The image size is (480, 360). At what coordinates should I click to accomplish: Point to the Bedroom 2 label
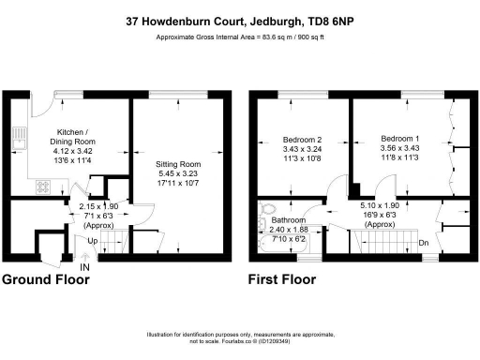tap(302, 139)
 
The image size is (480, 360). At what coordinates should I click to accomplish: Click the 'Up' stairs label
tap(90, 242)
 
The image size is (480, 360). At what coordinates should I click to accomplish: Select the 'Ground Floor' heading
tap(44, 280)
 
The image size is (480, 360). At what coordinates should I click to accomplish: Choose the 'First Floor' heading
tap(281, 280)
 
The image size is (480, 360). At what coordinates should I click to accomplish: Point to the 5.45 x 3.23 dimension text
tap(177, 173)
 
